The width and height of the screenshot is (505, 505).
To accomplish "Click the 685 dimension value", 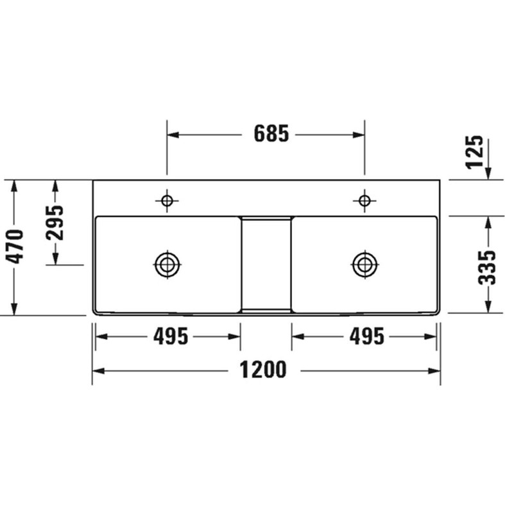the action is point(271,133).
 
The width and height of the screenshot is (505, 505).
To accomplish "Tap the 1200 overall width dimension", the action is point(263,370).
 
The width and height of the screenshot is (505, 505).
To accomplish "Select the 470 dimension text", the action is point(16,246).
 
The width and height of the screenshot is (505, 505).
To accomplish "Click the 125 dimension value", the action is point(475,152).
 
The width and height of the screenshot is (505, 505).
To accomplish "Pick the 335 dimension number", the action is point(486,268).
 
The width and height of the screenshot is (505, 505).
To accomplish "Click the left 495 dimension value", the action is point(171,336).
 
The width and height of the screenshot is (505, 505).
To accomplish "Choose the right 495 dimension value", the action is point(367,336).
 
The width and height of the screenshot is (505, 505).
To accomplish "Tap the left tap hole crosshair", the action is point(167,201).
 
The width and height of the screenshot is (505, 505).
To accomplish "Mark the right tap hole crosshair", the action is point(364,201).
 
